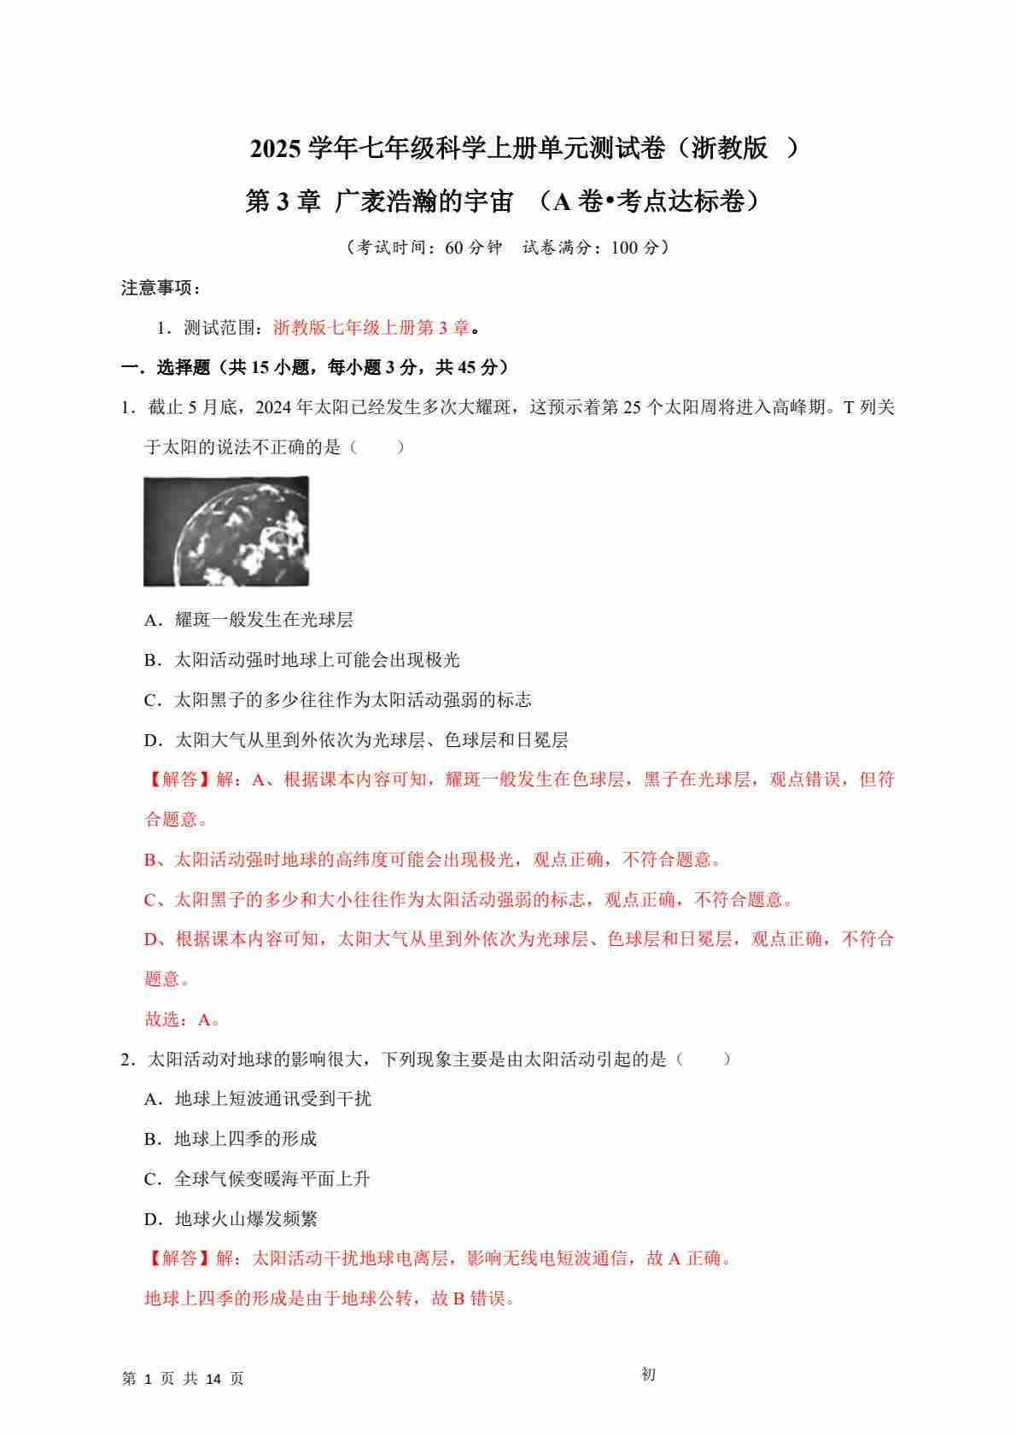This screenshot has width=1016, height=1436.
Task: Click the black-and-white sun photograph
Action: click(x=226, y=531)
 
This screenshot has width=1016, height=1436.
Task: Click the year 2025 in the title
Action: click(x=276, y=149)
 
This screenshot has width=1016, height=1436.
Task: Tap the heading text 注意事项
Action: click(x=157, y=289)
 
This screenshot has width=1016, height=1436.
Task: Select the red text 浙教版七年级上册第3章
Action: click(x=371, y=328)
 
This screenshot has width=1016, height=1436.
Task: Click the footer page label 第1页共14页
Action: click(x=184, y=1379)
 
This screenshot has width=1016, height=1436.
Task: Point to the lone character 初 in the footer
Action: click(x=648, y=1375)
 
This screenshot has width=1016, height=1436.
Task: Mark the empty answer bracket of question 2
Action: click(x=703, y=1059)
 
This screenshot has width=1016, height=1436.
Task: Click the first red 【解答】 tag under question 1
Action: click(x=178, y=779)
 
